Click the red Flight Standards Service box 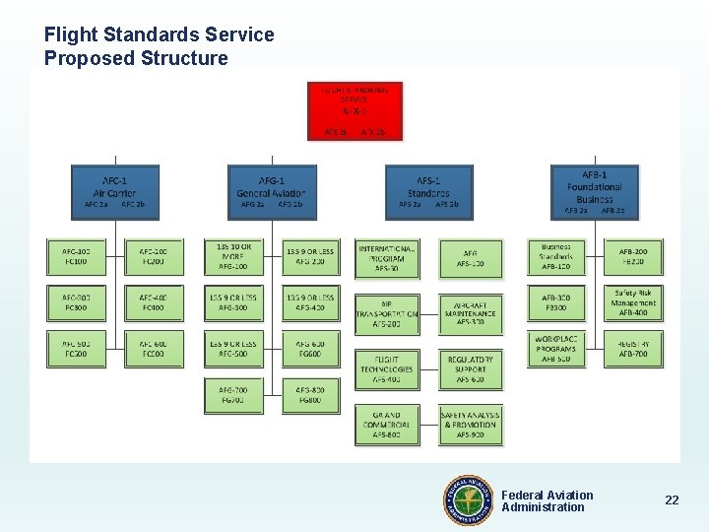(354, 110)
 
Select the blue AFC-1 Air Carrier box (115, 192)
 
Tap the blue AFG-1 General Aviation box (272, 192)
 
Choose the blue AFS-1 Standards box (428, 192)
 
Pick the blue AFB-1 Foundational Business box (595, 192)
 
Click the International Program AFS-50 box (387, 258)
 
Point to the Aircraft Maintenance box (470, 313)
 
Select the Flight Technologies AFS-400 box (387, 369)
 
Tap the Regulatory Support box (470, 369)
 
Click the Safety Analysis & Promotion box (470, 425)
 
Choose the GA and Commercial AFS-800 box (387, 425)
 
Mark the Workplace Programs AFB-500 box (556, 349)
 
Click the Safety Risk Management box (633, 303)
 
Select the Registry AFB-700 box (633, 349)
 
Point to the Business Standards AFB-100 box (556, 257)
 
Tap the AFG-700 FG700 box (233, 395)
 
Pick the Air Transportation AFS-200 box (387, 313)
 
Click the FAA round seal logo (468, 500)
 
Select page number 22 (672, 500)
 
